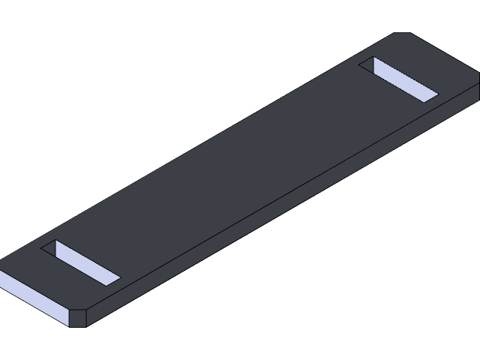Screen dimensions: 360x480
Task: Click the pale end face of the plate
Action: point(34,298)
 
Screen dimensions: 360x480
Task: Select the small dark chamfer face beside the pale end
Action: point(78,318)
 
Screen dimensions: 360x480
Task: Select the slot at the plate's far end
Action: point(398,79)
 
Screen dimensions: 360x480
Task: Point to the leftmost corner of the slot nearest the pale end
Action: point(42,250)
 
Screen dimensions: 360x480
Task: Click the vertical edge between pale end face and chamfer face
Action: point(69,318)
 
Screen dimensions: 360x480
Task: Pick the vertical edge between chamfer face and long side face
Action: point(87,318)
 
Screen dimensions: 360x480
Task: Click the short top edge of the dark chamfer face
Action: point(78,308)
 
